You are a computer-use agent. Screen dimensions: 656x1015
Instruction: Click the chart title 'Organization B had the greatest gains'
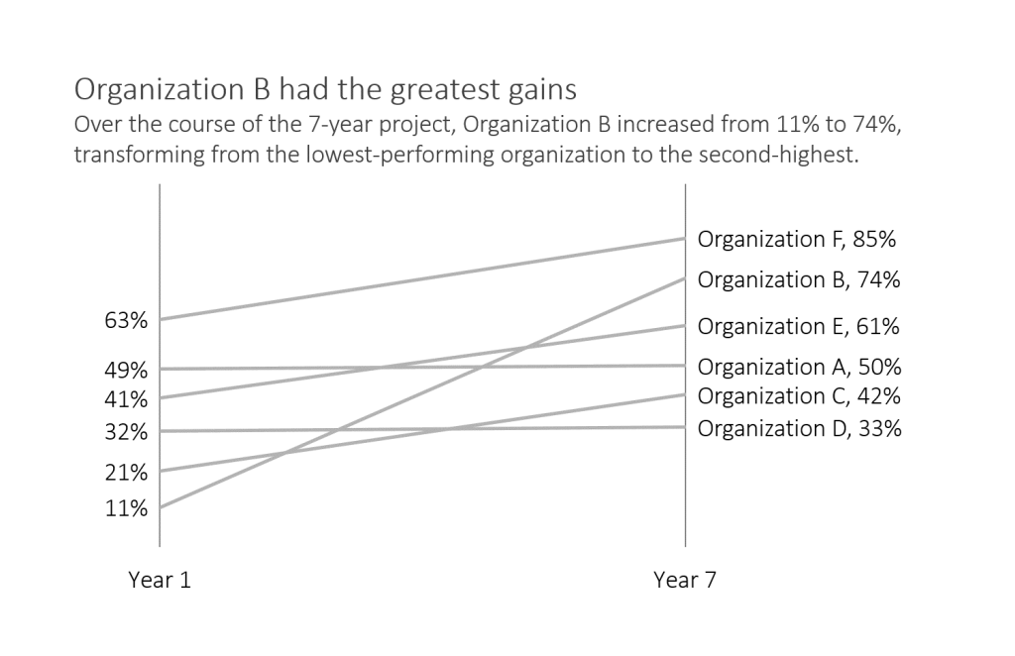click(x=325, y=90)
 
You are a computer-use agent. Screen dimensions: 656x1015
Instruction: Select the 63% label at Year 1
click(x=126, y=321)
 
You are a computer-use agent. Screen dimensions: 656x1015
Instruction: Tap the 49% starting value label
click(x=126, y=371)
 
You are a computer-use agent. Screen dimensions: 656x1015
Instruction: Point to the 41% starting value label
click(x=126, y=399)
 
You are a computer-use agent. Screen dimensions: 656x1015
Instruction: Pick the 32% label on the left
click(x=126, y=432)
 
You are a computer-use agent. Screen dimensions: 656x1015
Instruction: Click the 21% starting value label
click(x=126, y=473)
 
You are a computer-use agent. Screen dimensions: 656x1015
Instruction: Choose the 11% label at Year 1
click(x=126, y=509)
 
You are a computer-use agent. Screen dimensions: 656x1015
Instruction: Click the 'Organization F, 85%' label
click(x=797, y=239)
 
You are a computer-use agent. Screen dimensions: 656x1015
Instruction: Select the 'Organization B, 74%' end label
click(x=799, y=279)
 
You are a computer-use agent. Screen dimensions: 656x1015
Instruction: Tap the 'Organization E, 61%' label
click(x=799, y=326)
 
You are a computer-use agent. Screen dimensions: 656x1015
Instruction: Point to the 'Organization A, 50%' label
click(x=799, y=367)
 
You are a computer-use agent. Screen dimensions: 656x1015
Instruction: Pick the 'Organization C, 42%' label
click(x=799, y=396)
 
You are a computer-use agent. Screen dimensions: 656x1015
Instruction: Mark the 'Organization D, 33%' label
click(x=799, y=428)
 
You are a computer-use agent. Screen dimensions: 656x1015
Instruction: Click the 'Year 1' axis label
click(x=160, y=581)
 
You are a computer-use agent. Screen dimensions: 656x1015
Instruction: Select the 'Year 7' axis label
click(x=684, y=581)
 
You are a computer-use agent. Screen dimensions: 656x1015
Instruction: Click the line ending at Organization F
click(x=421, y=279)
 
